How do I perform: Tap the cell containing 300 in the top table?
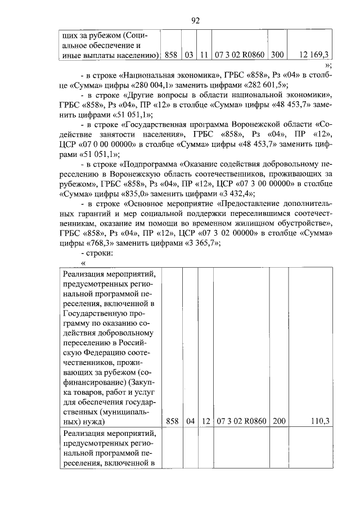277,55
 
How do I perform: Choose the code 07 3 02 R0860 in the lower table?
241,420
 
